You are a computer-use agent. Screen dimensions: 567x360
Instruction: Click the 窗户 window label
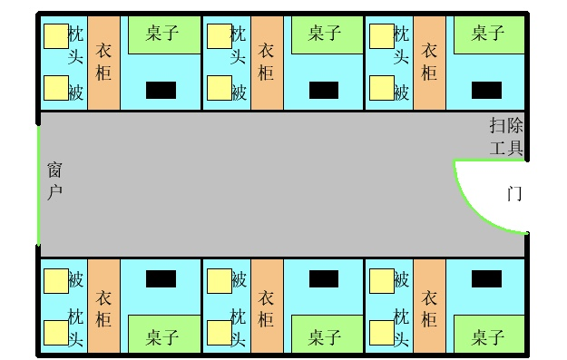click(x=54, y=181)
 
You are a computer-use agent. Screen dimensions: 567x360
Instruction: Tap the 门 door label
click(x=514, y=193)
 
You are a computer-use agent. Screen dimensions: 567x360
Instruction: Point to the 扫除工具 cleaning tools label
click(x=506, y=136)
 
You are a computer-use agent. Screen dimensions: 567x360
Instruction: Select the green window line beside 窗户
click(x=38, y=185)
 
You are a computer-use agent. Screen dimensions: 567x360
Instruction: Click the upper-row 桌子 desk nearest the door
click(x=489, y=35)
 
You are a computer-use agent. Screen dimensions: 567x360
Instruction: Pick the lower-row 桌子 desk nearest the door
click(x=489, y=334)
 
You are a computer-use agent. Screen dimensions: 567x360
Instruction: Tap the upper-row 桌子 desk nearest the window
click(x=164, y=35)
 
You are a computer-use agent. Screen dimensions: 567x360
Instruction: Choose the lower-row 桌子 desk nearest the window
click(x=164, y=334)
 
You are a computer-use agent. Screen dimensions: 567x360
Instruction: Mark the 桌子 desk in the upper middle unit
click(x=327, y=35)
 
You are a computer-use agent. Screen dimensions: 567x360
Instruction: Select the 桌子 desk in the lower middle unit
click(x=327, y=334)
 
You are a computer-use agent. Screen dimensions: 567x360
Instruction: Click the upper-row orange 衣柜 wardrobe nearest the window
click(x=103, y=63)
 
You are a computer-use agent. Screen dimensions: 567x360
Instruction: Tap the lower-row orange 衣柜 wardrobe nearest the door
click(x=430, y=306)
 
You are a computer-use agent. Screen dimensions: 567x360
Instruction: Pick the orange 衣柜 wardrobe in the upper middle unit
click(x=267, y=63)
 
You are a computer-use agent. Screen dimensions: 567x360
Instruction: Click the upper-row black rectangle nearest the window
click(x=161, y=90)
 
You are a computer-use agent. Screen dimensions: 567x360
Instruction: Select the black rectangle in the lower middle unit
click(x=324, y=279)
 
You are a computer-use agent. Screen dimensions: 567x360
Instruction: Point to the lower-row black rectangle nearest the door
click(x=487, y=279)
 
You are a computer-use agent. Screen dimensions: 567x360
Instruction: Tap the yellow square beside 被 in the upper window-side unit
click(x=56, y=88)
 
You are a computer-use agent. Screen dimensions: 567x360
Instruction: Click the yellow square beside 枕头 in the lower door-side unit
click(x=382, y=333)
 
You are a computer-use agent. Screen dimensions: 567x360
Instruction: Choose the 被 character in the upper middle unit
click(x=239, y=92)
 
